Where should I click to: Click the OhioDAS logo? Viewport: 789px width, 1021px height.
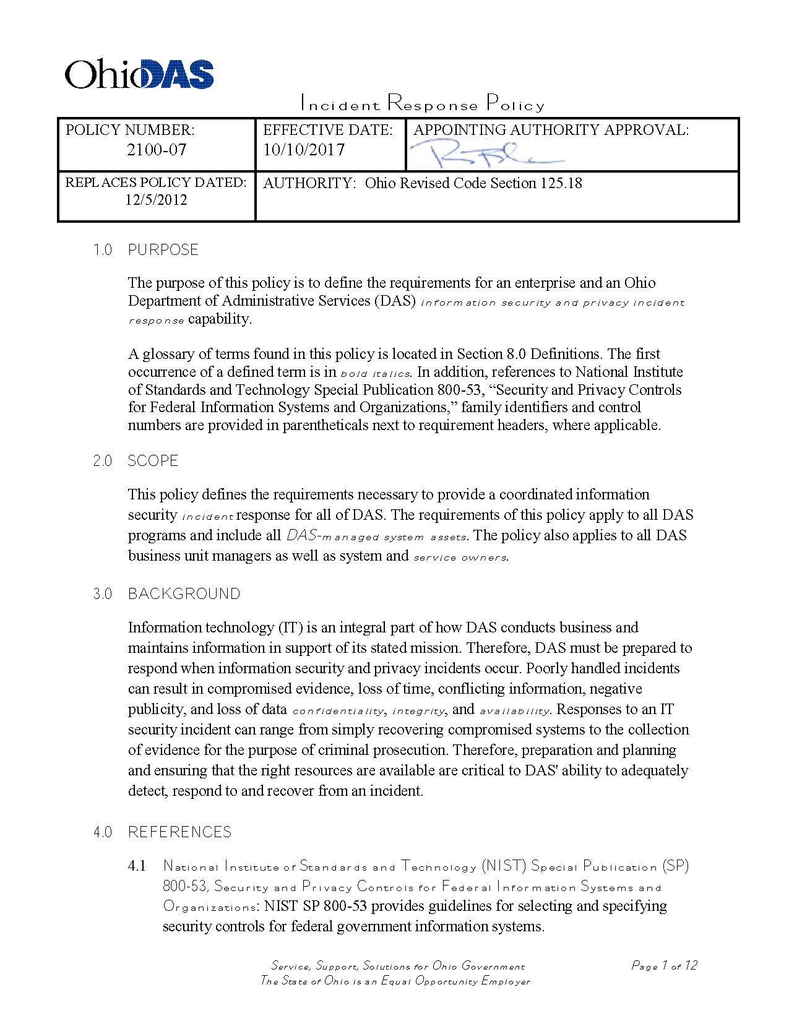139,74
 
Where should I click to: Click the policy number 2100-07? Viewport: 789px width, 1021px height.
157,150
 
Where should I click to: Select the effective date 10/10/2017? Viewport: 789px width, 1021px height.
304,150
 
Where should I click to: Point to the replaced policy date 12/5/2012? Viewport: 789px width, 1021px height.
156,200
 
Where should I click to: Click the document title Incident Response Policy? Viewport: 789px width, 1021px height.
422,103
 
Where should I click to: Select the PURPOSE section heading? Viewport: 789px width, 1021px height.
163,250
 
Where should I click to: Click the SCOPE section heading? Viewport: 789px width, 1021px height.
153,461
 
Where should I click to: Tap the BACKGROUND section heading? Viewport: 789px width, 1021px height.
184,594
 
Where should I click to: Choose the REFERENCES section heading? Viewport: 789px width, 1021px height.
179,832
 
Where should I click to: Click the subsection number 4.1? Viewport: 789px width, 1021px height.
137,866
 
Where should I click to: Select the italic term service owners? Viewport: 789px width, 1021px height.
460,558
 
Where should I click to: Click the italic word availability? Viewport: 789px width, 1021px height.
514,711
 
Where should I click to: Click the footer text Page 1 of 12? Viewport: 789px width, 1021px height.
664,965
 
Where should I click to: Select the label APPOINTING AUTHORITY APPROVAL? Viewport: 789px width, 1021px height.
551,130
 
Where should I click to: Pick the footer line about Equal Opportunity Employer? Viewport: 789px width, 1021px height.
395,981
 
